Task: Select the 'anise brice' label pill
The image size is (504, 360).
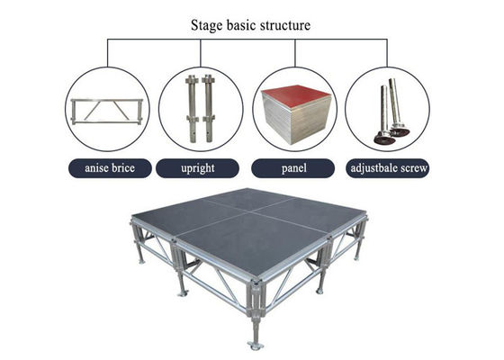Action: click(x=110, y=168)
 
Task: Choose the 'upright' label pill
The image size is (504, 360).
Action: click(x=197, y=168)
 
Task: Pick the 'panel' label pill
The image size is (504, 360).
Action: click(x=292, y=168)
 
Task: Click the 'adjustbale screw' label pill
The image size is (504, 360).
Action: click(x=388, y=168)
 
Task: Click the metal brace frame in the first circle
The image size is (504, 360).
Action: click(x=107, y=112)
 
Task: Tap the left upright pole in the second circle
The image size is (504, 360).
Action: click(x=192, y=109)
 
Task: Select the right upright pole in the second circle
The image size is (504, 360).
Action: click(x=208, y=109)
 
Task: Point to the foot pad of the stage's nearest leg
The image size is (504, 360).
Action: click(x=256, y=346)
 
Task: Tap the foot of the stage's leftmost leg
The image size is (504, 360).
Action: click(x=141, y=262)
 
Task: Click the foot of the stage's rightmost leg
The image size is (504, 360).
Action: click(x=356, y=258)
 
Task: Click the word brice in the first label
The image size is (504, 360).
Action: click(x=122, y=168)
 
